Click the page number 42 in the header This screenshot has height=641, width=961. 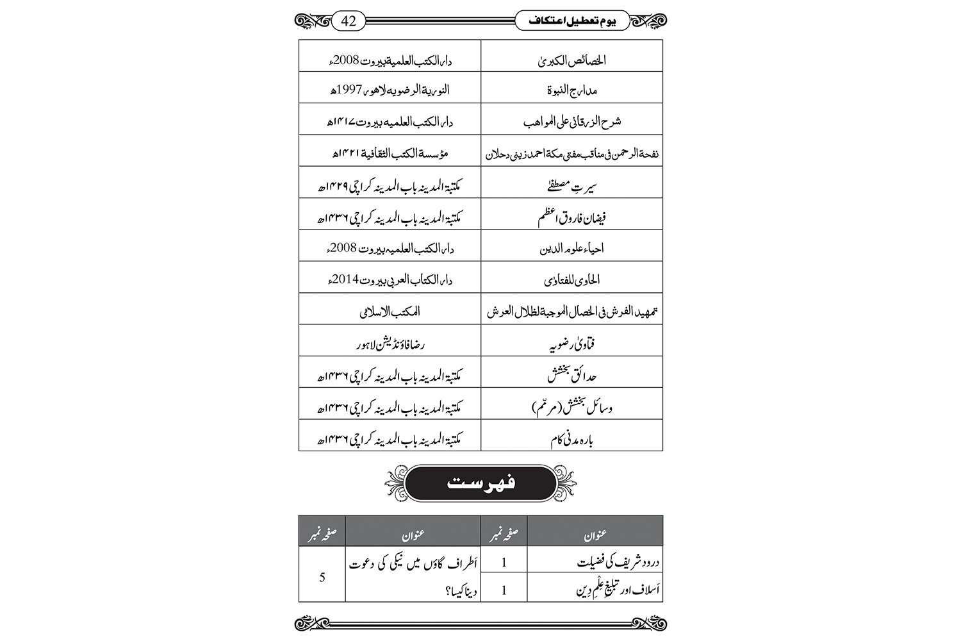349,21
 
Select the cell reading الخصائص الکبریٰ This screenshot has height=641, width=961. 571,61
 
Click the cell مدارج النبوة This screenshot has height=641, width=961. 571,90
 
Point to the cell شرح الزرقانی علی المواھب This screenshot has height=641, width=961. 571,121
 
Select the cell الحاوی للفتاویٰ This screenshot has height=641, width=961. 571,279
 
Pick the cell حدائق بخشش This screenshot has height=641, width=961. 571,375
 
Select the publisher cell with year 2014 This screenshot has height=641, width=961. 390,279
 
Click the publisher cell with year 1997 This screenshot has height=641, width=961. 390,90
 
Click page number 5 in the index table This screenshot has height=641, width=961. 322,578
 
